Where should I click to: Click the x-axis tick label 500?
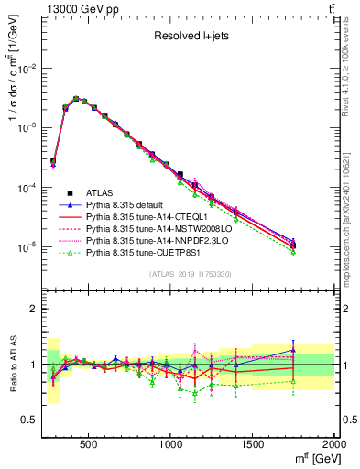point(89,445)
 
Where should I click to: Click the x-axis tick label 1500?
point(253,445)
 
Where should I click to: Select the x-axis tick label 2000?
point(333,445)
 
